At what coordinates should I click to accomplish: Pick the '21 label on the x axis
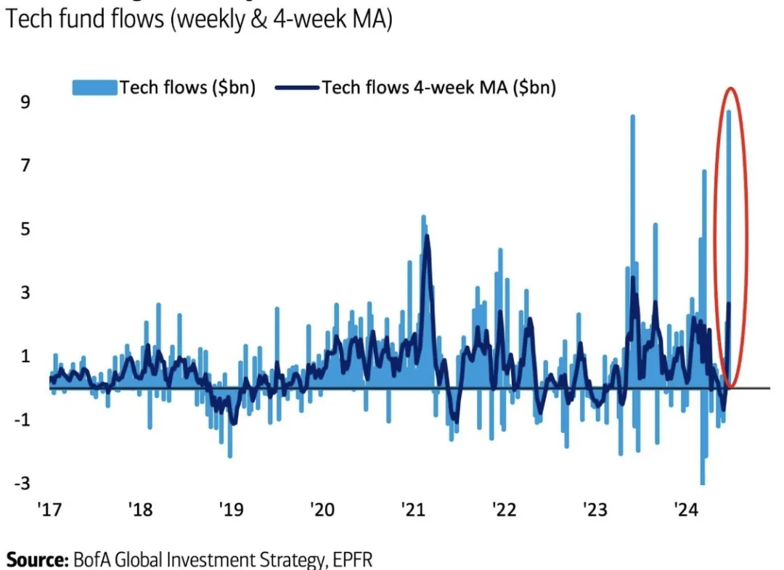point(412,510)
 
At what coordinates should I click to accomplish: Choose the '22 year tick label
point(503,510)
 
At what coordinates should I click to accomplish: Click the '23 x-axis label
point(595,510)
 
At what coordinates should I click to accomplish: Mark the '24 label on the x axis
point(685,510)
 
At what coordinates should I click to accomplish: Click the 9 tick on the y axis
point(25,102)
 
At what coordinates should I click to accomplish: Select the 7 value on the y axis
point(25,166)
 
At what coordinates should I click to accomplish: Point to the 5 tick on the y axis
point(25,229)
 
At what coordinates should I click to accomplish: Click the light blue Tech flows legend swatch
point(94,88)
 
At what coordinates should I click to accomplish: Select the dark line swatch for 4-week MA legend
point(297,88)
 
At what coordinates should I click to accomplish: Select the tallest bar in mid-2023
point(633,218)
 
